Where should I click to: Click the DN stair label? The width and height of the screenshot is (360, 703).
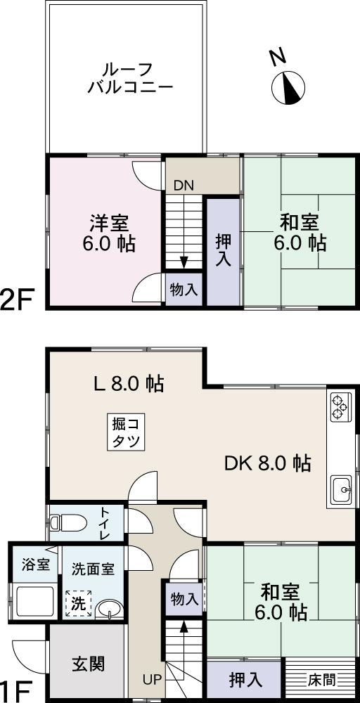[x=184, y=186]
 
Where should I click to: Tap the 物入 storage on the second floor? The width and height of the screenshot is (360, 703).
[x=184, y=290]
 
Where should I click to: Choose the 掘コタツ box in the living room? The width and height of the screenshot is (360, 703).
[x=127, y=432]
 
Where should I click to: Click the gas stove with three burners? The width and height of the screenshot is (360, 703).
[x=339, y=407]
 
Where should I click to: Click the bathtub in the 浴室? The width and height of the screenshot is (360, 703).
[x=33, y=602]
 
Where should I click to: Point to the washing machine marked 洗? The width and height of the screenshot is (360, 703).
[x=78, y=603]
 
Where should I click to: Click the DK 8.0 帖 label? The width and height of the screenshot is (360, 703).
[x=267, y=463]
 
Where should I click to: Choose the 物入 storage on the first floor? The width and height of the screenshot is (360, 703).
[x=184, y=599]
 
